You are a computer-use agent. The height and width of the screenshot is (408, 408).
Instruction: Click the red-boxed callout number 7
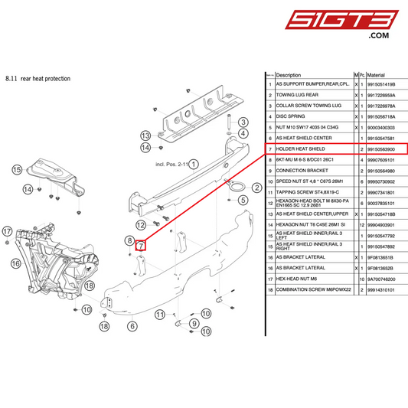(x=140, y=245)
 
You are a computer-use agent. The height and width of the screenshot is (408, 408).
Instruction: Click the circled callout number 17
(x=7, y=230)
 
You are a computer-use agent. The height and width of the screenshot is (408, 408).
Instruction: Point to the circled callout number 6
(x=132, y=325)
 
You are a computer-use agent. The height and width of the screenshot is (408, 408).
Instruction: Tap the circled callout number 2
(x=256, y=186)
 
